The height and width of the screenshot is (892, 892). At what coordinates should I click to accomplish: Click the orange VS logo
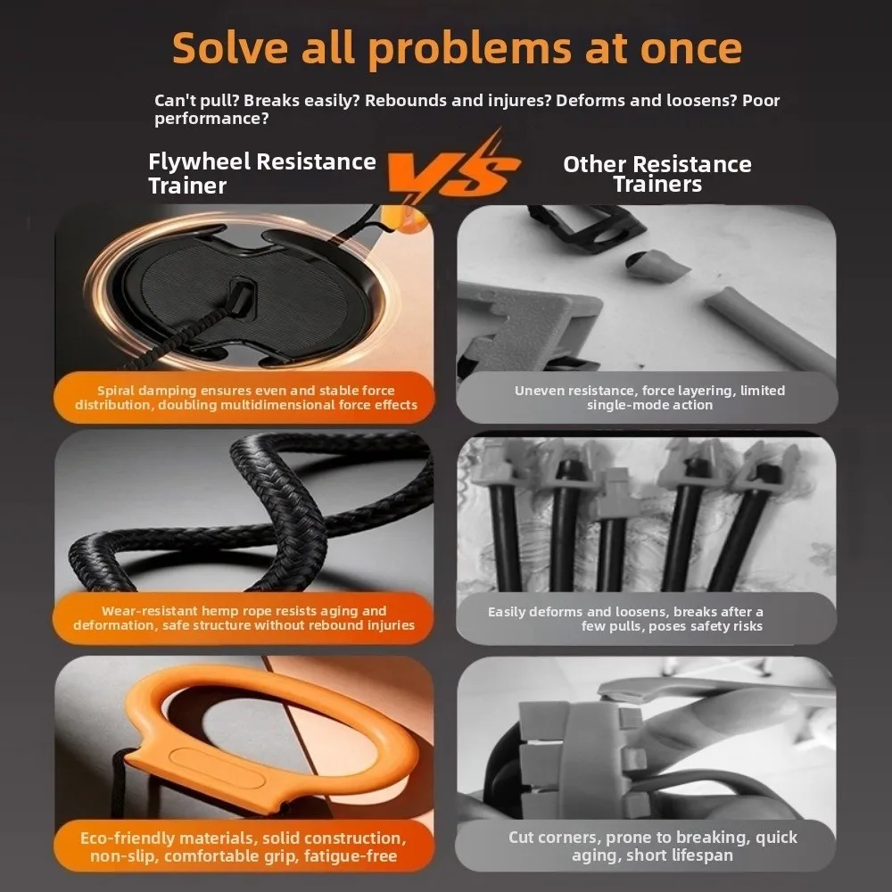tap(452, 169)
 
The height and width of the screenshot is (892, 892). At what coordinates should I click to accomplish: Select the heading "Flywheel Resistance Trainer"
tap(261, 174)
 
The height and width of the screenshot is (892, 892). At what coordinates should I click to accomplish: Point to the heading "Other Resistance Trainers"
tap(657, 174)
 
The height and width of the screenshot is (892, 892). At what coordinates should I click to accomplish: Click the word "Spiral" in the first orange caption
tap(115, 391)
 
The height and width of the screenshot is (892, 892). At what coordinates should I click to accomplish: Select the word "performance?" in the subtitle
tap(211, 120)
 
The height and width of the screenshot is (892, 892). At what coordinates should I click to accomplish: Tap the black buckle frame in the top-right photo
tap(586, 227)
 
